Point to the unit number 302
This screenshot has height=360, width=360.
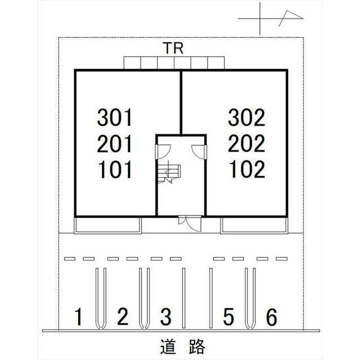coord(246,118)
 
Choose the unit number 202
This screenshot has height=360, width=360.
coord(246,144)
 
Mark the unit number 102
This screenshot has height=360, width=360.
coord(246,169)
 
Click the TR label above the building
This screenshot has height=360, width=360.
coord(174,49)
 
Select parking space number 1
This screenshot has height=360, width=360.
coord(79,318)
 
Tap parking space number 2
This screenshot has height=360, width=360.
coord(122,318)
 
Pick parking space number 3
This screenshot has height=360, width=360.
coord(165,318)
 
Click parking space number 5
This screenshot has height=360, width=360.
coord(228,318)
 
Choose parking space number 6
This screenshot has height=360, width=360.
coord(271,318)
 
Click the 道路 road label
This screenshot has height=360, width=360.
coord(181,346)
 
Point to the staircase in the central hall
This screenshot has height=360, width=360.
coord(168,174)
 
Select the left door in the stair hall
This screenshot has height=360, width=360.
coord(161,151)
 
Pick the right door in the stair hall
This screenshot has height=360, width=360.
coord(199,151)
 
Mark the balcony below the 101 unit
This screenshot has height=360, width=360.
coord(107,226)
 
